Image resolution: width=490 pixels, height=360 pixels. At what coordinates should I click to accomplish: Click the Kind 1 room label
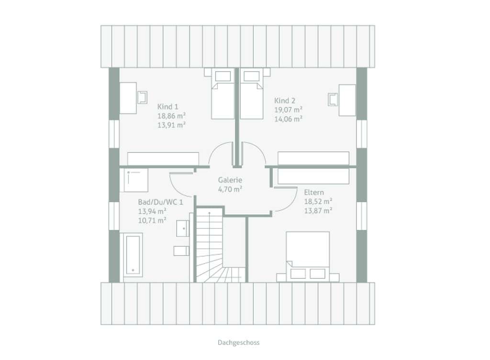point(168,107)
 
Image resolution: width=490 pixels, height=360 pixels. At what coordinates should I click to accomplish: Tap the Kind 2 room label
point(285,101)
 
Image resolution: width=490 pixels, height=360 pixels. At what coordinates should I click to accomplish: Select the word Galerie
point(230,180)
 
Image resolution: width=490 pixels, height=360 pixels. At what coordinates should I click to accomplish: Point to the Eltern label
point(314,192)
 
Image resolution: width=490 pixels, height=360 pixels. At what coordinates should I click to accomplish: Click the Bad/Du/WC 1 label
point(161,202)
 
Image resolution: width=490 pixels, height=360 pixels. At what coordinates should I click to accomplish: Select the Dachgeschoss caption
point(239,342)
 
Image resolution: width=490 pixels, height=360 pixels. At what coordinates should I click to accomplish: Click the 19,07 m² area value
point(288,110)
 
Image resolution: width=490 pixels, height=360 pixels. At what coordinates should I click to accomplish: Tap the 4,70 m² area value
point(230,189)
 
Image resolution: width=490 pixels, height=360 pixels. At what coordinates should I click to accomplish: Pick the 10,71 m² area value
point(152,220)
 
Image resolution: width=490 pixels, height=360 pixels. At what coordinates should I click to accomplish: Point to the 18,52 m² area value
point(318,201)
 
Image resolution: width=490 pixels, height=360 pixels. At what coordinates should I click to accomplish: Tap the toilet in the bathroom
point(181,251)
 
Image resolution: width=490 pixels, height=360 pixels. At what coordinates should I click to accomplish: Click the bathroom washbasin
point(183,229)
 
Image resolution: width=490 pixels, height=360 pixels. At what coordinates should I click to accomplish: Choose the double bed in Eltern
point(308,256)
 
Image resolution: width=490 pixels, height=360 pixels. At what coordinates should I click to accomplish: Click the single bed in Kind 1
point(223,94)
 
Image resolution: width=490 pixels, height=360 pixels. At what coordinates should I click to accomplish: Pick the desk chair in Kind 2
point(333,99)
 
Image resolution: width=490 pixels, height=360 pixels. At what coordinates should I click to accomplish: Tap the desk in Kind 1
point(128,98)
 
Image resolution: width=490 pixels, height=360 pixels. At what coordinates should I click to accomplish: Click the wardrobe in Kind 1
point(163,159)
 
